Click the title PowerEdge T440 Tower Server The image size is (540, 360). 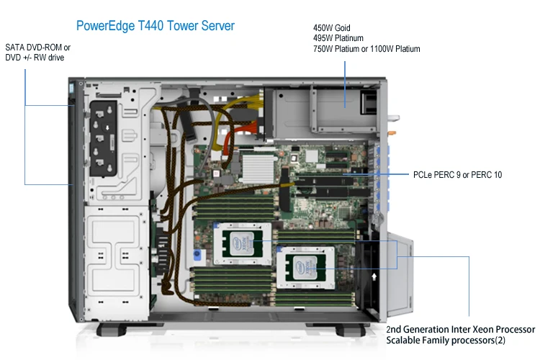[155, 25]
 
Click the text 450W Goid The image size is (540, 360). [333, 27]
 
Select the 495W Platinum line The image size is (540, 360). [338, 38]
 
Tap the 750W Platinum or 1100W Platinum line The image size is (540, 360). [366, 49]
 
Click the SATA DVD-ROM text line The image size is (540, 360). [37, 48]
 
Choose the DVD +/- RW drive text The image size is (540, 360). [35, 58]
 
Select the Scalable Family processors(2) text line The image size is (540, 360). [446, 339]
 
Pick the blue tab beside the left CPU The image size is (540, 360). [194, 254]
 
